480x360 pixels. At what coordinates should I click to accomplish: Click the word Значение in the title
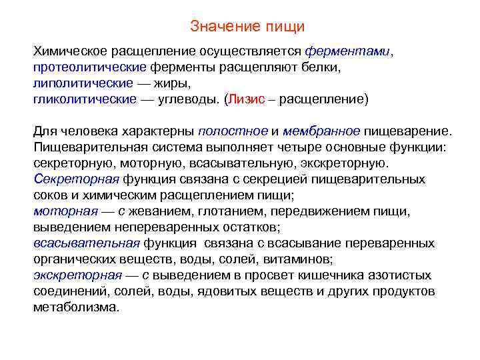(x=215, y=27)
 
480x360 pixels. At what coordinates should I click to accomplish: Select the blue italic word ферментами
(x=347, y=51)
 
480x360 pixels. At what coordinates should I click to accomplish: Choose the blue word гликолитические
(x=85, y=99)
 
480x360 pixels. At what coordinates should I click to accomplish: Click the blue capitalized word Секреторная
(x=76, y=179)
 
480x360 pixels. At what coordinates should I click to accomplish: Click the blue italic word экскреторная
(x=77, y=275)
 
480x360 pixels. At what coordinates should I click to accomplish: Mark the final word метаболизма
(x=76, y=307)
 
